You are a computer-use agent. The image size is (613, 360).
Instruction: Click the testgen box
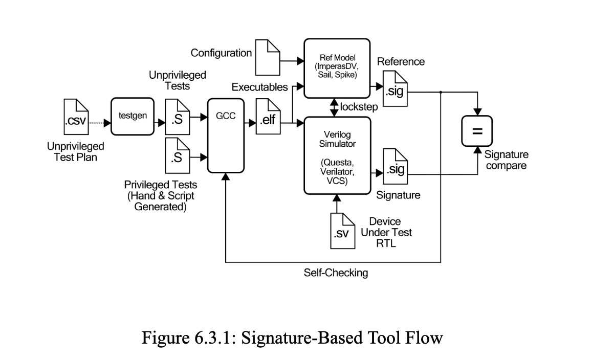pyautogui.click(x=133, y=116)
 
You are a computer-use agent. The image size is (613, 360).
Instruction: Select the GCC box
pyautogui.click(x=226, y=135)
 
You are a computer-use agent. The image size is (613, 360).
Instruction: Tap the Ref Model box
pyautogui.click(x=337, y=67)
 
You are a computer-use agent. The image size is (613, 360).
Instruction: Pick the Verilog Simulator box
pyautogui.click(x=337, y=155)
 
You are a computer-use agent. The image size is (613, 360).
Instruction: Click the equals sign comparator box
pyautogui.click(x=477, y=131)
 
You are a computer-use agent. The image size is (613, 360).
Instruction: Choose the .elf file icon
pyautogui.click(x=268, y=115)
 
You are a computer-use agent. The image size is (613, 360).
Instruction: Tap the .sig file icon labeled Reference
pyautogui.click(x=395, y=88)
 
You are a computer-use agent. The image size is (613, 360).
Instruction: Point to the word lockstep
pyautogui.click(x=358, y=107)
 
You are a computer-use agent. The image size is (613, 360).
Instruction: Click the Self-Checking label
pyautogui.click(x=336, y=273)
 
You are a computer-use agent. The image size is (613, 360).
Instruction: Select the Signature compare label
pyautogui.click(x=507, y=160)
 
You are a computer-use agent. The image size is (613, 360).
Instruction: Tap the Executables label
pyautogui.click(x=259, y=87)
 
